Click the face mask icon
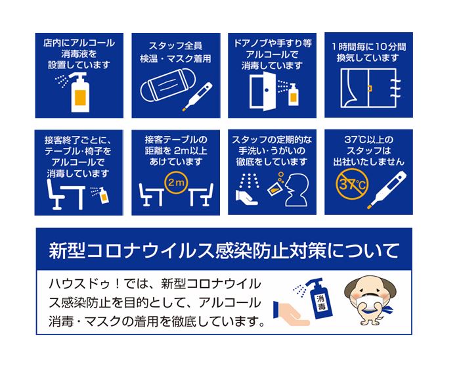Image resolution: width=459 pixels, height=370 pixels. tap(168, 85)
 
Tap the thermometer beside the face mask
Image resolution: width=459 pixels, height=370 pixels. tap(197, 97)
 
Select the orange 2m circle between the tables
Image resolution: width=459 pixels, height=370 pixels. tap(175, 183)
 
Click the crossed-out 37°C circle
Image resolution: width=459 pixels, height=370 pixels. tap(351, 185)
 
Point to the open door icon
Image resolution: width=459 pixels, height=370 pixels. tap(263, 91)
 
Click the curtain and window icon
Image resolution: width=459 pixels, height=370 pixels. tap(370, 88)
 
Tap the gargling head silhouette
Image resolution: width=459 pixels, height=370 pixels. tap(296, 191)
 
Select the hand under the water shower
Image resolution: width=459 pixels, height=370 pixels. tap(247, 198)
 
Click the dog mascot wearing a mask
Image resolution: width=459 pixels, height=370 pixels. tap(370, 300)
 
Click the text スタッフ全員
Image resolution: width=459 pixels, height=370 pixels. tap(175, 46)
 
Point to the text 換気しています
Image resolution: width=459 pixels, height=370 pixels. tap(368, 58)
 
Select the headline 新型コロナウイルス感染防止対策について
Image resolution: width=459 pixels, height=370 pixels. tap(224, 251)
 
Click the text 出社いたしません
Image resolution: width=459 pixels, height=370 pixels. tap(368, 162)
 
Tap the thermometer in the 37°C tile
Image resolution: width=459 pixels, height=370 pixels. tap(387, 190)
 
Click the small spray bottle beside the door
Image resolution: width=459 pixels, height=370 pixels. tap(293, 95)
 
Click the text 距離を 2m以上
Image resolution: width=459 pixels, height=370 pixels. tap(176, 150)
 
